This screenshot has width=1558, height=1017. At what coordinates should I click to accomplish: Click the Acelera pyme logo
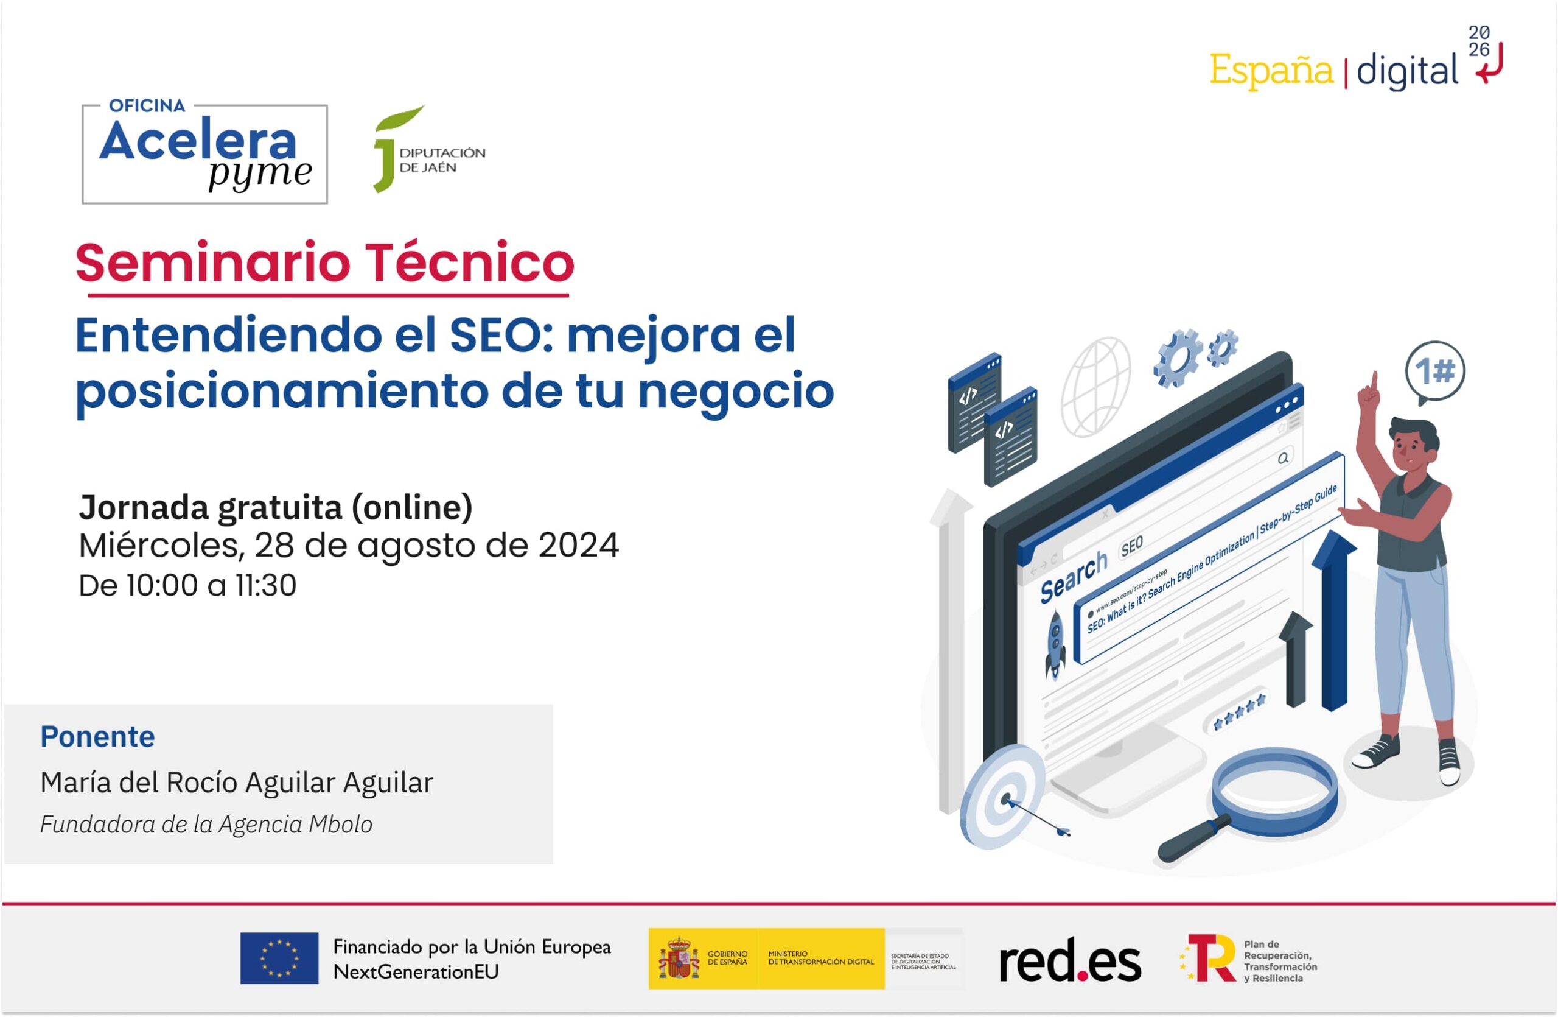pos(204,153)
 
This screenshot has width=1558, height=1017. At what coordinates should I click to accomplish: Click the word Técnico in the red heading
pos(470,262)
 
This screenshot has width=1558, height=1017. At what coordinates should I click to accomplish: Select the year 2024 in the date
pos(578,546)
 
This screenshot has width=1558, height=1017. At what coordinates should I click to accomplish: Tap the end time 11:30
pos(266,585)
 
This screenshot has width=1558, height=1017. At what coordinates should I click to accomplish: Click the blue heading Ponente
pos(97,737)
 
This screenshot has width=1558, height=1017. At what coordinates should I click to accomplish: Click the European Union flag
pos(279,958)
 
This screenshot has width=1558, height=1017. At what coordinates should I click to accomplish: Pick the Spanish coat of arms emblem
pos(678,958)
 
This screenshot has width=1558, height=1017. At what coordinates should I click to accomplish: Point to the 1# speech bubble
pos(1435,372)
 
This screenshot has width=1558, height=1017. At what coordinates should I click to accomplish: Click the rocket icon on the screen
pos(1054,642)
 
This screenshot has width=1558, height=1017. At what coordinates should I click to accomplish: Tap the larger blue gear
pos(1176,358)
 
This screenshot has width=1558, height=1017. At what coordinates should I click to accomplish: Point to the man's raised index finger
pos(1374,381)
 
